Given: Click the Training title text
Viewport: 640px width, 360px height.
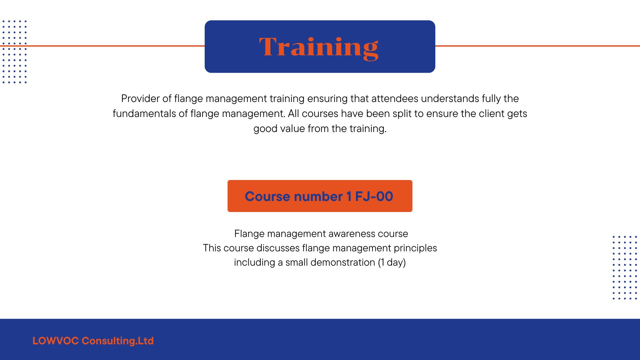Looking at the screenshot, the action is tap(319, 48).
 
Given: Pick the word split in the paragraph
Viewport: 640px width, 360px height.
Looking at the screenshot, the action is tap(402, 114).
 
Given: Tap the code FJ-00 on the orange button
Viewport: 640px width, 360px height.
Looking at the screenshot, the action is tap(374, 196).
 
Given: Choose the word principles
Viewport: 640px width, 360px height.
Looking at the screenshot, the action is tap(415, 248).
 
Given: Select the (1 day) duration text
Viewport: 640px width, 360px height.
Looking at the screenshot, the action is tap(392, 263).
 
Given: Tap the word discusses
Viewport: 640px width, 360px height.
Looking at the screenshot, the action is tap(278, 248).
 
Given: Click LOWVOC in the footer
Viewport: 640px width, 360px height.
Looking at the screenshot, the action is tap(56, 341).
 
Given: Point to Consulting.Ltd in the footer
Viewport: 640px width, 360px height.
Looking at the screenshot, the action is tap(118, 341).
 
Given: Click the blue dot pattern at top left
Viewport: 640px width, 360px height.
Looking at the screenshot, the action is tap(14, 52).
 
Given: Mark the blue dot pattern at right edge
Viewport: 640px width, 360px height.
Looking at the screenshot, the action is tap(625, 268).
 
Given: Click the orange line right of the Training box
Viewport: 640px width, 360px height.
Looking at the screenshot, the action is tap(538, 46).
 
